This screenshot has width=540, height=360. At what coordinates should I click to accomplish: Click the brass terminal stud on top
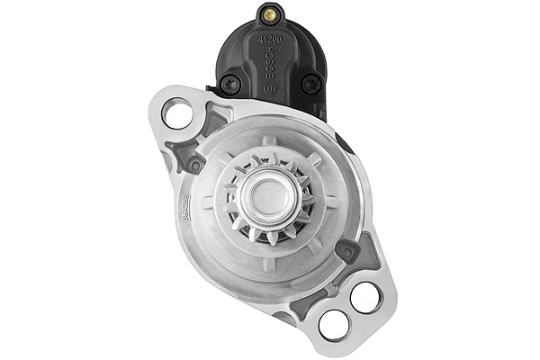(269, 15)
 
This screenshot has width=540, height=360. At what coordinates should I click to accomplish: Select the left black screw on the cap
(230, 85)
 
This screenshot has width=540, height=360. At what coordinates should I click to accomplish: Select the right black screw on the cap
(311, 84)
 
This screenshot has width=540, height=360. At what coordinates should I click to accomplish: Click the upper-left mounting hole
(178, 114)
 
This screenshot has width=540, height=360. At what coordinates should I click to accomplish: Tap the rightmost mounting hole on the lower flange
(365, 297)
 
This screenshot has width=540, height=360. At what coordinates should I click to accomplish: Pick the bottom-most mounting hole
(333, 324)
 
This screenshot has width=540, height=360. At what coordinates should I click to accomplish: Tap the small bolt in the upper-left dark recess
(194, 165)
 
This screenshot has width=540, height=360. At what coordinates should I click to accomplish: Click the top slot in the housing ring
(268, 141)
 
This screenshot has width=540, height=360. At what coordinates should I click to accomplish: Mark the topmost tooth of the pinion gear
(268, 157)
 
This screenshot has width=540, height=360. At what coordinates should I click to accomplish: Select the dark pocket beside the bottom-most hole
(301, 310)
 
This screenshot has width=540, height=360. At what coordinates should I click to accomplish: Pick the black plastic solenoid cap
(270, 58)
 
